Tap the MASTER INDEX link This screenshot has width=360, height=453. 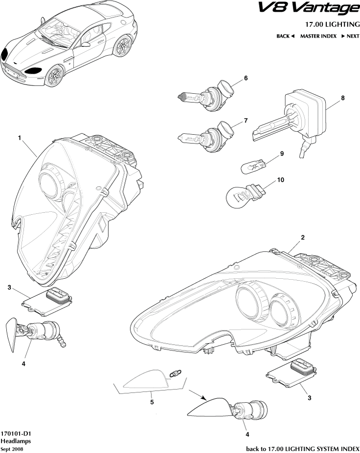(318, 36)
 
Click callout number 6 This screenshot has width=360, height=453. (246, 78)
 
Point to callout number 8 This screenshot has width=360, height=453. (343, 98)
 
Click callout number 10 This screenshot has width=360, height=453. (280, 180)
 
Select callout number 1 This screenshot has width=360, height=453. (20, 138)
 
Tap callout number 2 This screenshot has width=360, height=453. (303, 238)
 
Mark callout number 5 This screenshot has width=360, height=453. (152, 402)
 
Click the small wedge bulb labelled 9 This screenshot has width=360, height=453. (254, 167)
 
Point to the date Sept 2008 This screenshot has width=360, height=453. (12, 449)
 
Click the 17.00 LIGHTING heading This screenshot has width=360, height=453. (333, 24)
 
